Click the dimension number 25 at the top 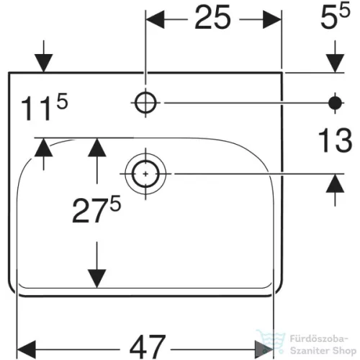point(212,18)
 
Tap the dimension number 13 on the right point(335,140)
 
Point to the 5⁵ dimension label point(336,17)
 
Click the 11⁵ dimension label point(45,107)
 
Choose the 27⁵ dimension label point(96,209)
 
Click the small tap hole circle point(145,103)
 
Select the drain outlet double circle point(145,174)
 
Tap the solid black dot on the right point(335,103)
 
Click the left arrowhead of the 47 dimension point(27,349)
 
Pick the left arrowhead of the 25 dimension point(155,19)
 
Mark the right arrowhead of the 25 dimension point(272,19)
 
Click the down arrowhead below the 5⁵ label point(335,63)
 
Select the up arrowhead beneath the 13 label point(335,184)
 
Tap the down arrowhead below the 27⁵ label point(96,279)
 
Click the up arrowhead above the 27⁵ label point(96,148)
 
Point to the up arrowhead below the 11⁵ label point(43,148)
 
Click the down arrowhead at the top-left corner point(43,63)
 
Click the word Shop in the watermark point(344,351)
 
